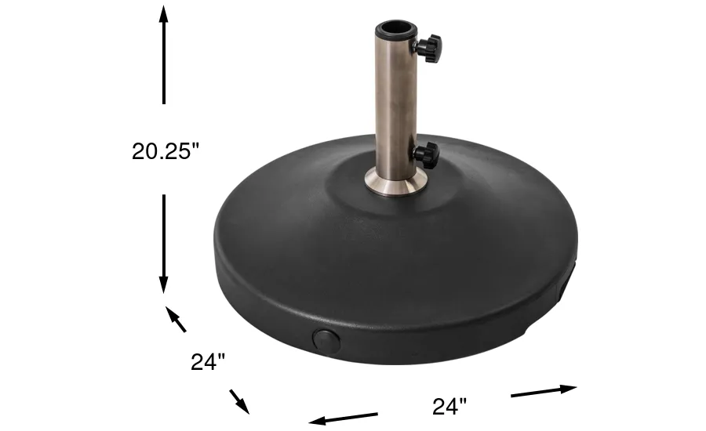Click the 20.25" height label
point(166,150)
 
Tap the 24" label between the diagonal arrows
point(208,362)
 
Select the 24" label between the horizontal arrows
point(449,406)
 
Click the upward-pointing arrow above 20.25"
point(164,55)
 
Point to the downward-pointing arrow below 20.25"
point(164,244)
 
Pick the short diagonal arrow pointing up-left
point(176,320)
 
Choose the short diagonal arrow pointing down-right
point(239,401)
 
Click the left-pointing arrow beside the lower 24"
point(343,418)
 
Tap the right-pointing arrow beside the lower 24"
point(544,390)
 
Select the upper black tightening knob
point(429,47)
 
